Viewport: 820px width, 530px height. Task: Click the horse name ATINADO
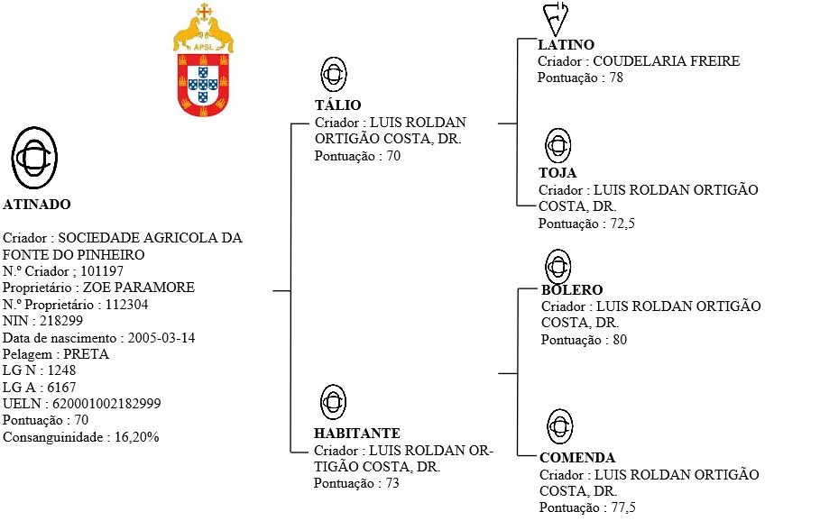click(x=36, y=205)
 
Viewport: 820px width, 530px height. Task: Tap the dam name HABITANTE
click(x=357, y=434)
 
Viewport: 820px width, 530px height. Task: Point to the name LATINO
click(x=566, y=45)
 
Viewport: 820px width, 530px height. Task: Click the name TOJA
click(x=557, y=173)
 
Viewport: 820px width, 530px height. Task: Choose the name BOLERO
click(x=572, y=290)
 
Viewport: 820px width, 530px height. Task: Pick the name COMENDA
click(x=577, y=458)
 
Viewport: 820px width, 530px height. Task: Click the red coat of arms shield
click(x=203, y=83)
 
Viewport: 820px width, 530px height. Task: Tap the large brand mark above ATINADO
click(x=35, y=155)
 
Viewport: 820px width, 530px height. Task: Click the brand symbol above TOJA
click(x=558, y=145)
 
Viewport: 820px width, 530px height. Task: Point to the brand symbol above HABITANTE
click(x=334, y=402)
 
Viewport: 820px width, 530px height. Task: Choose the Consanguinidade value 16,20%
click(x=136, y=437)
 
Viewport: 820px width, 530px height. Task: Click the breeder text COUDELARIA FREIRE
click(x=666, y=61)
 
